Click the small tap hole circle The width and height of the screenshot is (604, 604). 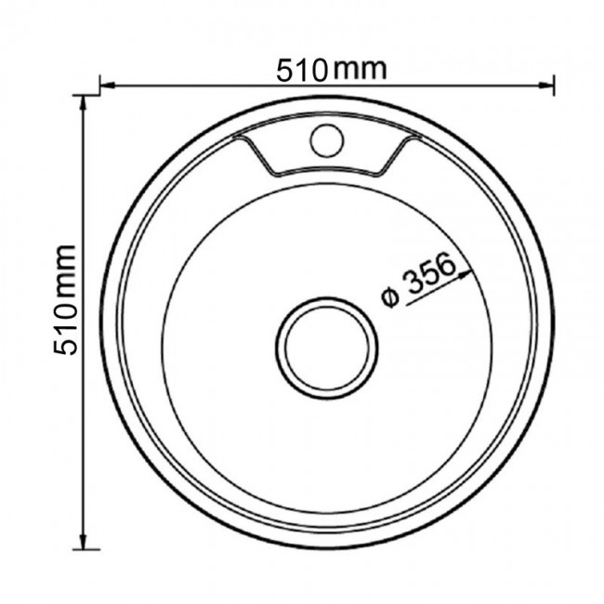(x=327, y=140)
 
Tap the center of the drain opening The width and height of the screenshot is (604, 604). (x=327, y=348)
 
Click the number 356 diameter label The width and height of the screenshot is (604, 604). (x=430, y=273)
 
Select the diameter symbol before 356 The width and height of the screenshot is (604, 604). (x=390, y=297)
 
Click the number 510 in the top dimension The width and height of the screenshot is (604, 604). (x=302, y=71)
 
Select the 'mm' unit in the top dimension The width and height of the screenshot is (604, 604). (x=360, y=71)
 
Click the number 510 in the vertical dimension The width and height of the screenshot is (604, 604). (x=65, y=330)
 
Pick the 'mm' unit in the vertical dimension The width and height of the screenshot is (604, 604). (x=66, y=272)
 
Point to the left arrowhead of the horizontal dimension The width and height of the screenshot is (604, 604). (x=108, y=85)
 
